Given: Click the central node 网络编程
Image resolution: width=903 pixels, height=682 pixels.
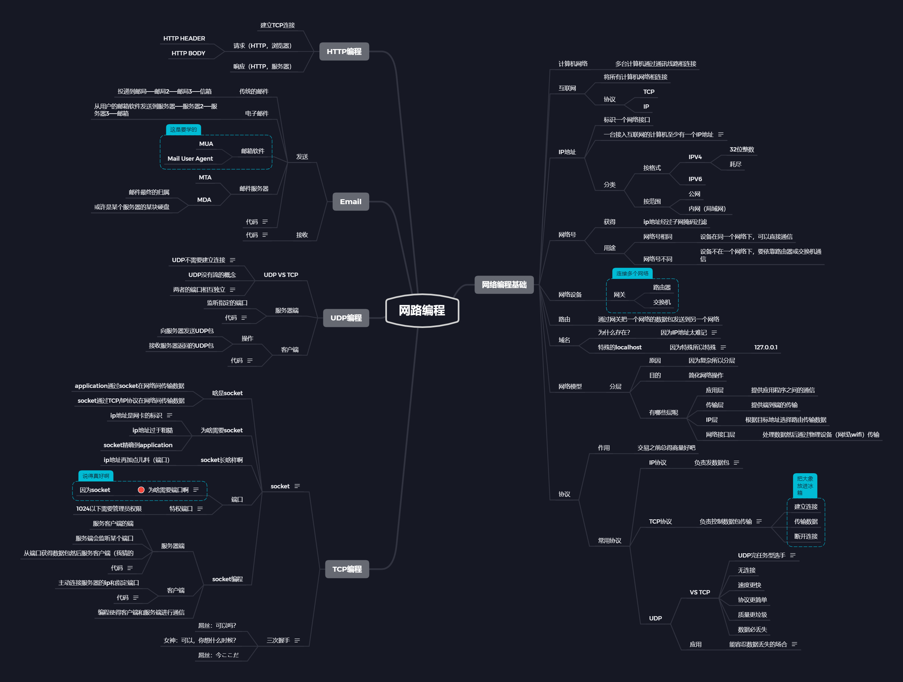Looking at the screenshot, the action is [x=422, y=311].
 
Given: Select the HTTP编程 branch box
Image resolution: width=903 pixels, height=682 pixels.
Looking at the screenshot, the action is [x=344, y=51].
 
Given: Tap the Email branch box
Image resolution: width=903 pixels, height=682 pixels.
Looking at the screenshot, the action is [x=350, y=202].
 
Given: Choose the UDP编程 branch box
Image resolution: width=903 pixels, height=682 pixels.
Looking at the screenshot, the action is [x=346, y=318].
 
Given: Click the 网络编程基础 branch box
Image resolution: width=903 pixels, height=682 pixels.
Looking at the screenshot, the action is [x=504, y=285].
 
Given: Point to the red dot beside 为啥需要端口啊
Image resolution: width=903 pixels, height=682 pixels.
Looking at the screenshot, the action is [x=141, y=490].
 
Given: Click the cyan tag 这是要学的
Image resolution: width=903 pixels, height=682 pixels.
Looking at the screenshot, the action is [x=183, y=129].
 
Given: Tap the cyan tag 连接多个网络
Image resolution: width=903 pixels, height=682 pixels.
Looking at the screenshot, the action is [x=632, y=273].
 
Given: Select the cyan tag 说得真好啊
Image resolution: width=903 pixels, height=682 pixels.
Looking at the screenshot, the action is [x=96, y=476].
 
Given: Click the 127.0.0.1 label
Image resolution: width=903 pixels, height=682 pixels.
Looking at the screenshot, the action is [x=765, y=347].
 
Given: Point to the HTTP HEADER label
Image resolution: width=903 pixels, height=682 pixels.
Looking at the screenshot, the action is [x=184, y=39].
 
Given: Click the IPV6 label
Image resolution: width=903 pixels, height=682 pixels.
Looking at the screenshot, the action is [x=695, y=179].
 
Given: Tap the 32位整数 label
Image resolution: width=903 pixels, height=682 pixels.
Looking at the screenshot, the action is [x=741, y=150].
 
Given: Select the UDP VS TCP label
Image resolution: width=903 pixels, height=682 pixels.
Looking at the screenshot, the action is [x=281, y=275].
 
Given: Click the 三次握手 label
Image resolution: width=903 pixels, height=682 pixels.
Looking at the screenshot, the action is [x=278, y=641].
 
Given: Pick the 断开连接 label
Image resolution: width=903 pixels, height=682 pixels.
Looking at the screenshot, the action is [x=806, y=536].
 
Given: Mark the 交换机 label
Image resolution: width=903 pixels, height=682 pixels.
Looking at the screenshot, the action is [x=661, y=302].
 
